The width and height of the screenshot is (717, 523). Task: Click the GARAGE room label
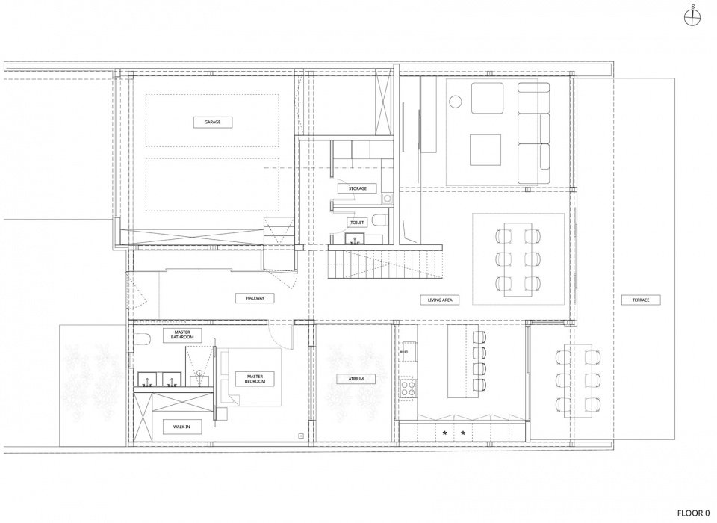(x=213, y=122)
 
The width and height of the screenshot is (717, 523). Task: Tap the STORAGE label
(x=356, y=189)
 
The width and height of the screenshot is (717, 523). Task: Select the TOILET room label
(x=356, y=222)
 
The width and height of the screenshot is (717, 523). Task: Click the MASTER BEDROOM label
(x=250, y=378)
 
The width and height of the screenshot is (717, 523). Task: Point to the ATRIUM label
(x=356, y=379)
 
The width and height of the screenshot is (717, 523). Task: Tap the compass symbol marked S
(x=693, y=20)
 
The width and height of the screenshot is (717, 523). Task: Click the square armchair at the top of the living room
(x=485, y=96)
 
